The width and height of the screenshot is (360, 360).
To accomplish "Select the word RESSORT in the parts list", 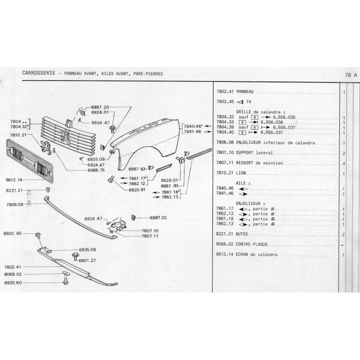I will (245, 163).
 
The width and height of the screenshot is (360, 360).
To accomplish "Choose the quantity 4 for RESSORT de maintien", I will (343, 163).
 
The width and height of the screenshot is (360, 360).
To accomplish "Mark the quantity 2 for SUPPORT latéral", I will (343, 153).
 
